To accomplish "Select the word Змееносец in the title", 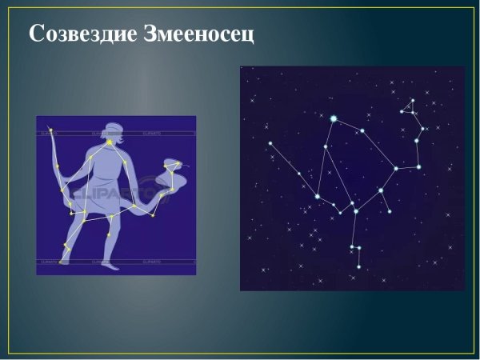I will pos(200,34).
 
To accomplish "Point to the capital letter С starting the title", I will pos(36,34).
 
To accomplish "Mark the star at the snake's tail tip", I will pos(50,130).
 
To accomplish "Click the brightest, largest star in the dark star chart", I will pos(334,118).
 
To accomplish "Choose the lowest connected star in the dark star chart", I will pos(359,267).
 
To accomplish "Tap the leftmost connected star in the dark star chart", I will pos(270,144).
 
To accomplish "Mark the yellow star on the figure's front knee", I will pos(111,217).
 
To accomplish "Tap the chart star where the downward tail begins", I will pos(354,203).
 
